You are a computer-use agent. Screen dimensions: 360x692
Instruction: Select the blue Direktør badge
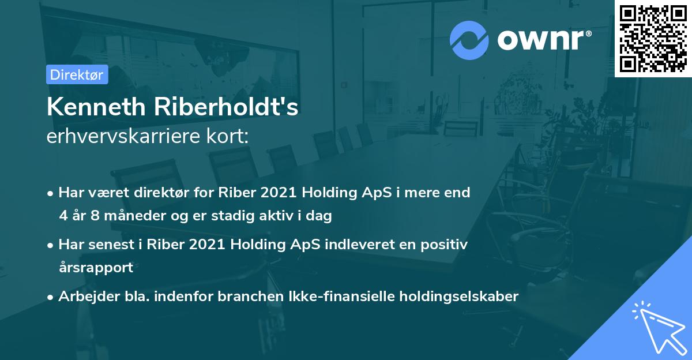77,74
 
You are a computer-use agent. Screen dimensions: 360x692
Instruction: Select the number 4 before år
63,216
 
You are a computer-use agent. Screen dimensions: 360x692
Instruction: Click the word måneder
133,216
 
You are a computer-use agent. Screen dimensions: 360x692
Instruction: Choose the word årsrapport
96,268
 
